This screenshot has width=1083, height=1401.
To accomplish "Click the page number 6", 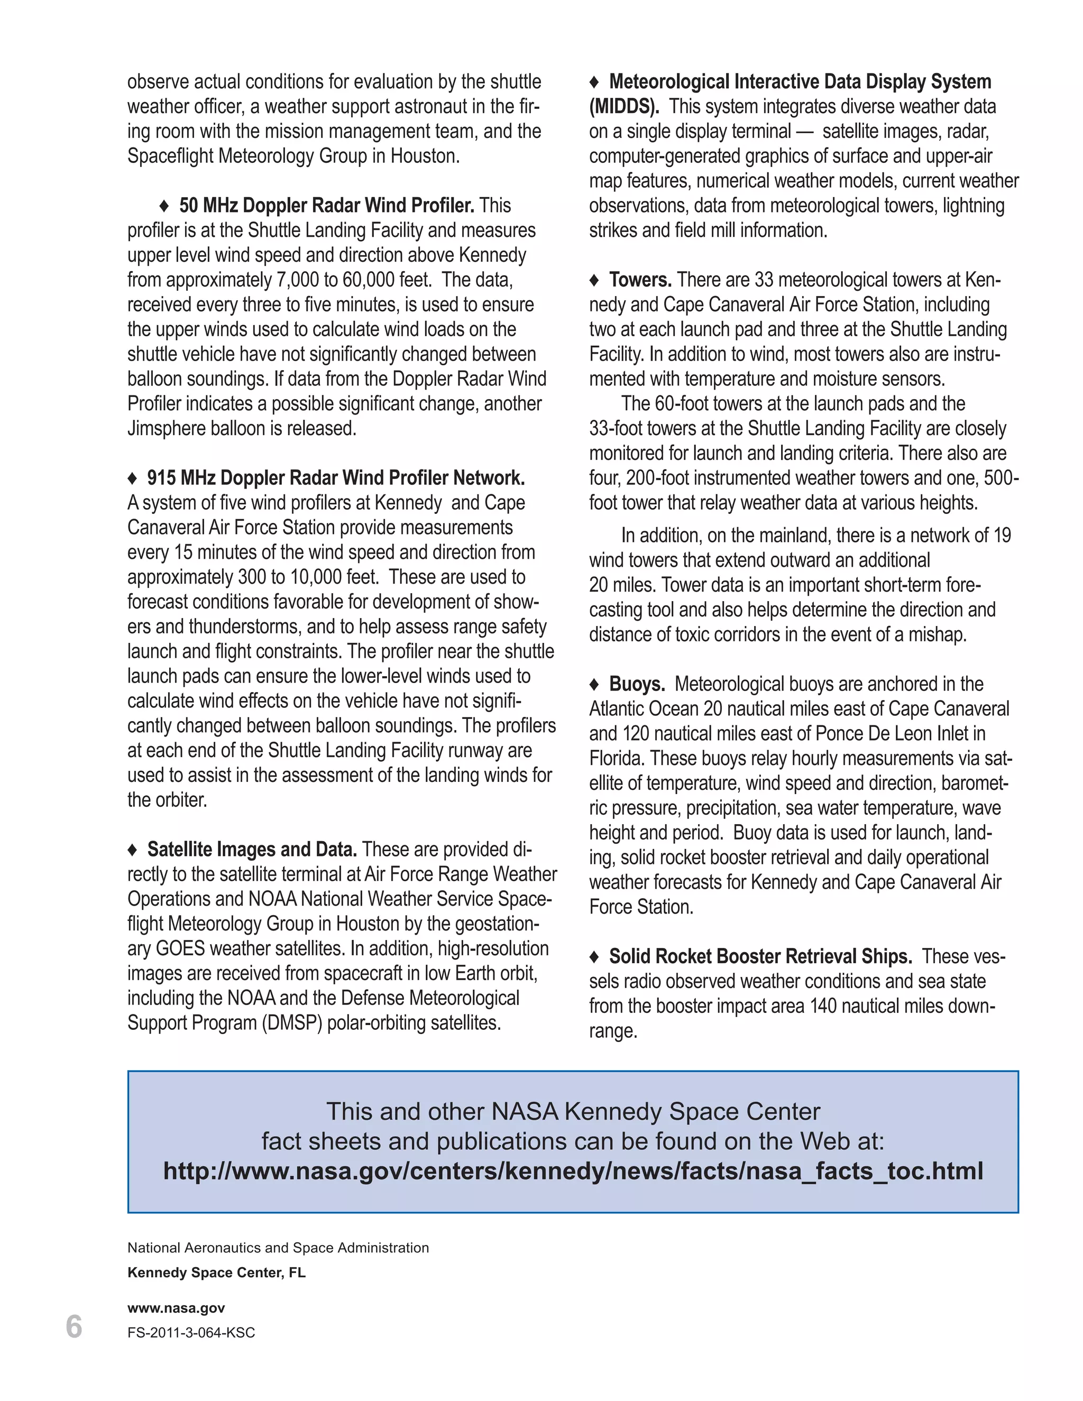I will click(x=74, y=1326).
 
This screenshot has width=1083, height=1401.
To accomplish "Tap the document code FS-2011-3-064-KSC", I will click(x=191, y=1333).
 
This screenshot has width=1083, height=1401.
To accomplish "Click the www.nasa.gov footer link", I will click(x=176, y=1308).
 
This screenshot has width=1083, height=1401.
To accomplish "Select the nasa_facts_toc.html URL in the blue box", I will click(x=573, y=1170).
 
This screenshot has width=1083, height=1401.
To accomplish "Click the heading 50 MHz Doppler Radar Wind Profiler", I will click(x=327, y=205).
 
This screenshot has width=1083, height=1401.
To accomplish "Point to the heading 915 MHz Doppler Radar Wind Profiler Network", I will click(x=336, y=478).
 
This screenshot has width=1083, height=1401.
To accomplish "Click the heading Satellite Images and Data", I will click(x=252, y=850).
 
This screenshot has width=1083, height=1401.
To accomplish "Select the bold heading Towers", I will click(x=640, y=280).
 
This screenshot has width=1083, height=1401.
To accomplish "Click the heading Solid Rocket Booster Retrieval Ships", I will click(x=760, y=956).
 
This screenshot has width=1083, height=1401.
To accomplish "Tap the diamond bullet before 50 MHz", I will click(x=164, y=206).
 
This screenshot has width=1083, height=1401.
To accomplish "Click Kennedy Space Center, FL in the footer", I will click(x=216, y=1273).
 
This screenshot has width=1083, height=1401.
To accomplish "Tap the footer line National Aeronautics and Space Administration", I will click(x=278, y=1248).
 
